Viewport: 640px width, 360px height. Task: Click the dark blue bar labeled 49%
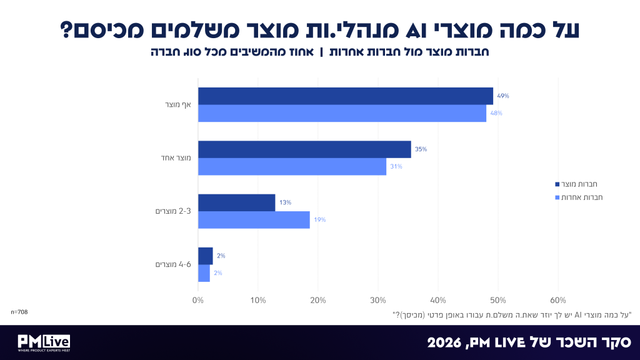[x=346, y=96]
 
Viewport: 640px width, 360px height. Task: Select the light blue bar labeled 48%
[x=342, y=114]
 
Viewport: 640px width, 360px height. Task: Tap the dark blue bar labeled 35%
[x=304, y=149]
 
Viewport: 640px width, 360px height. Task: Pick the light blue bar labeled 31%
[x=292, y=166]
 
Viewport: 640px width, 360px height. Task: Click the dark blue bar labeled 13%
[x=237, y=203]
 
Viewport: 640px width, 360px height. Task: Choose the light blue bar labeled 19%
[x=254, y=220]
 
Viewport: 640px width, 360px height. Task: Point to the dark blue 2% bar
[x=205, y=256]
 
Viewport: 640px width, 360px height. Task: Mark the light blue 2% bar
[x=204, y=274]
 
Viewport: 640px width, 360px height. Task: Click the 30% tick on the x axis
[x=378, y=301]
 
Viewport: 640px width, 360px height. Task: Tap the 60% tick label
[x=558, y=301]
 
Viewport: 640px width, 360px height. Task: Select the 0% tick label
[x=198, y=301]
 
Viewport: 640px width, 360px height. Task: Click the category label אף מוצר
[x=178, y=105]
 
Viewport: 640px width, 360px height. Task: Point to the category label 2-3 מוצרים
[x=173, y=211]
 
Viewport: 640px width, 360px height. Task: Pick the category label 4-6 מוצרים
[x=173, y=264]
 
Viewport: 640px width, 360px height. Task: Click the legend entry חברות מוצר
[x=576, y=184]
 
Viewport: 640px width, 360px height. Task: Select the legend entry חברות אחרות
[x=579, y=197]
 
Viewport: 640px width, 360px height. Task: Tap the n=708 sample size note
[x=19, y=312]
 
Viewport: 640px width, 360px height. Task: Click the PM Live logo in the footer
[x=44, y=343]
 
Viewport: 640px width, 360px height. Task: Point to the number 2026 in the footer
[x=444, y=342]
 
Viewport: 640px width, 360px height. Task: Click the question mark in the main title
[x=66, y=30]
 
